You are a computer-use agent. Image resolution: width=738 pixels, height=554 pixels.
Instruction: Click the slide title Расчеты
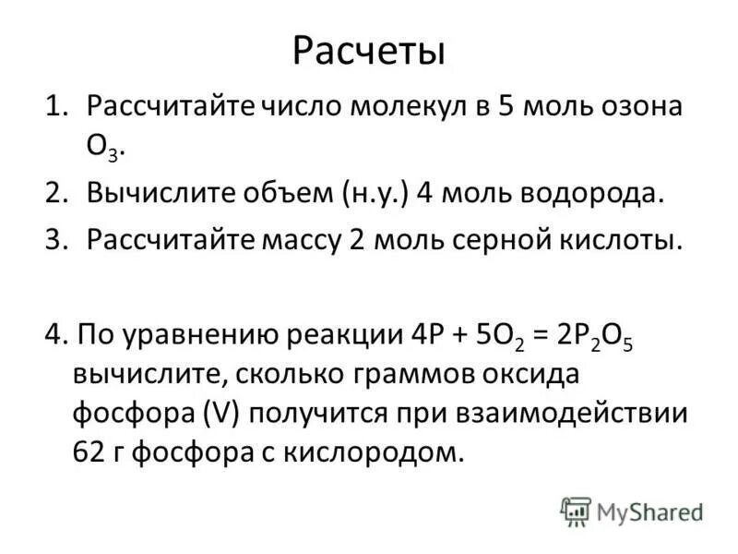368,51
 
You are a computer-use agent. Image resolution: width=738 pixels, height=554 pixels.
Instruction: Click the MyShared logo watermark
632,512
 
